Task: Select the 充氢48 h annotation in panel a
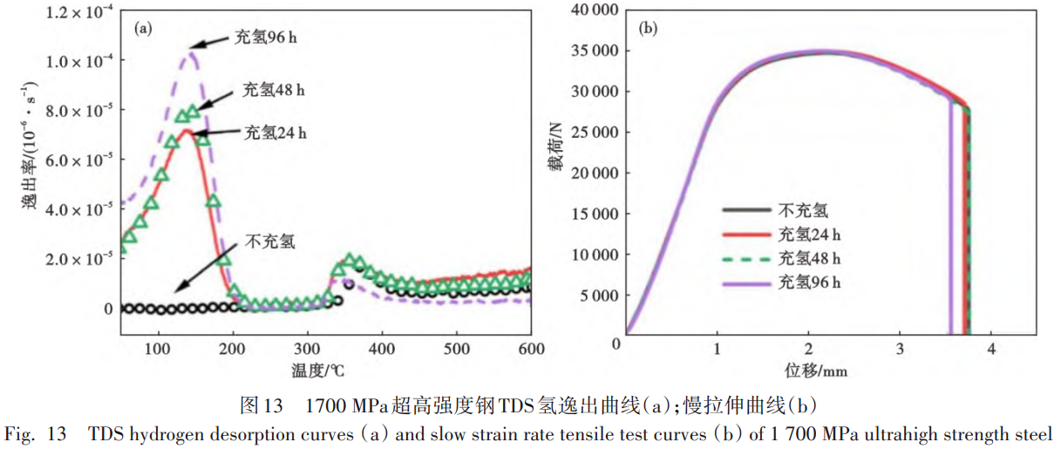coord(275,91)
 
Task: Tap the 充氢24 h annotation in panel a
coord(275,133)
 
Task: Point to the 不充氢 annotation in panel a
coord(270,241)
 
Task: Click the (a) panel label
coord(143,28)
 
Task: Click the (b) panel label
coord(649,28)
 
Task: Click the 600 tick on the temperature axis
coord(531,350)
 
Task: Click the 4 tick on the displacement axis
coord(990,350)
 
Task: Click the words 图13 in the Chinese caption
coord(262,405)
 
